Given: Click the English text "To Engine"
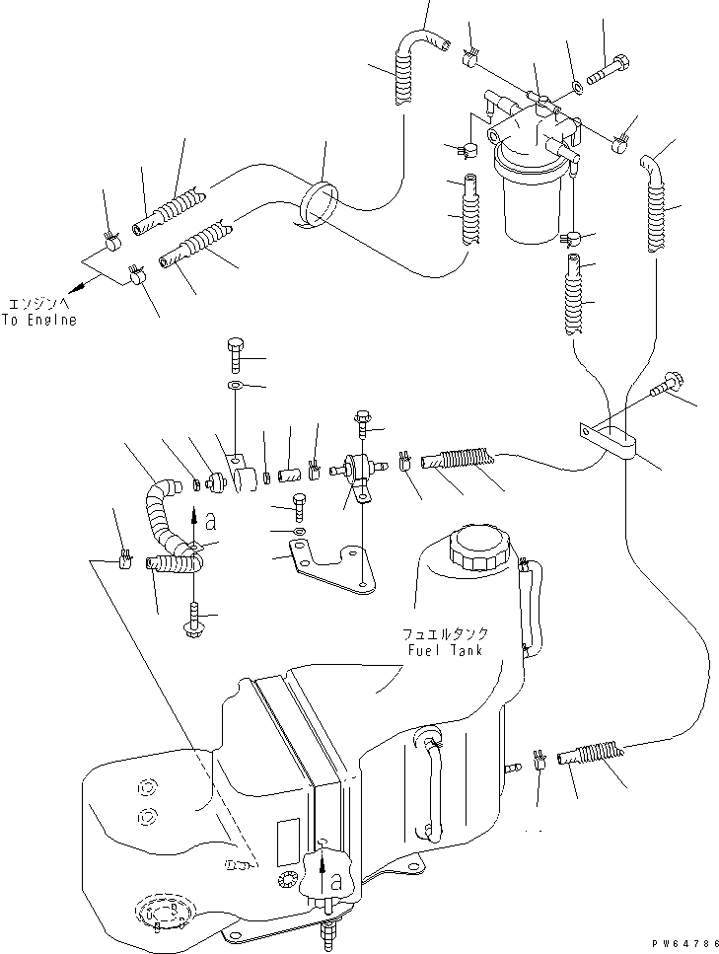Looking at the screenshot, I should (x=40, y=321).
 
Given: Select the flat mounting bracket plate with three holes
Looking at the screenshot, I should (x=325, y=566).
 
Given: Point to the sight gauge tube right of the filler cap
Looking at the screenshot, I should (x=534, y=607).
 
